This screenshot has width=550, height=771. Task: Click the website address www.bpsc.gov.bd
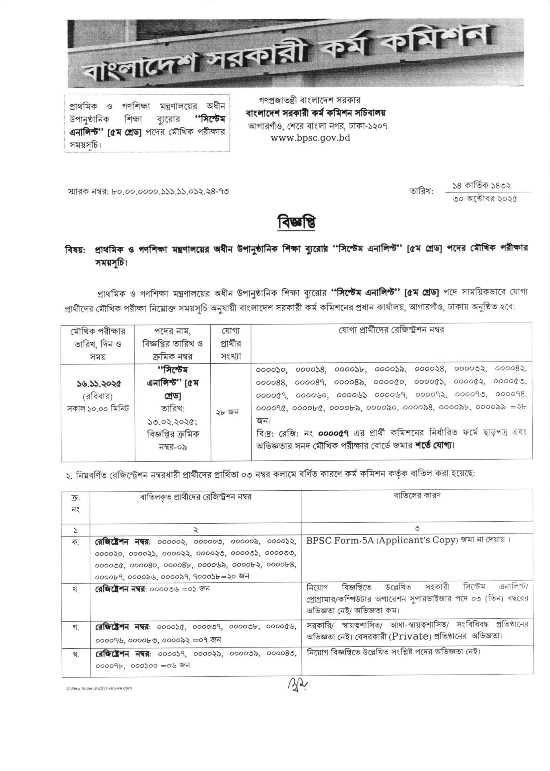click(x=310, y=138)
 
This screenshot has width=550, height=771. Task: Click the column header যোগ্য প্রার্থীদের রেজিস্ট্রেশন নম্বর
click(x=392, y=330)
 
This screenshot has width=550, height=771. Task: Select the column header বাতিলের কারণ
click(x=417, y=496)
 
